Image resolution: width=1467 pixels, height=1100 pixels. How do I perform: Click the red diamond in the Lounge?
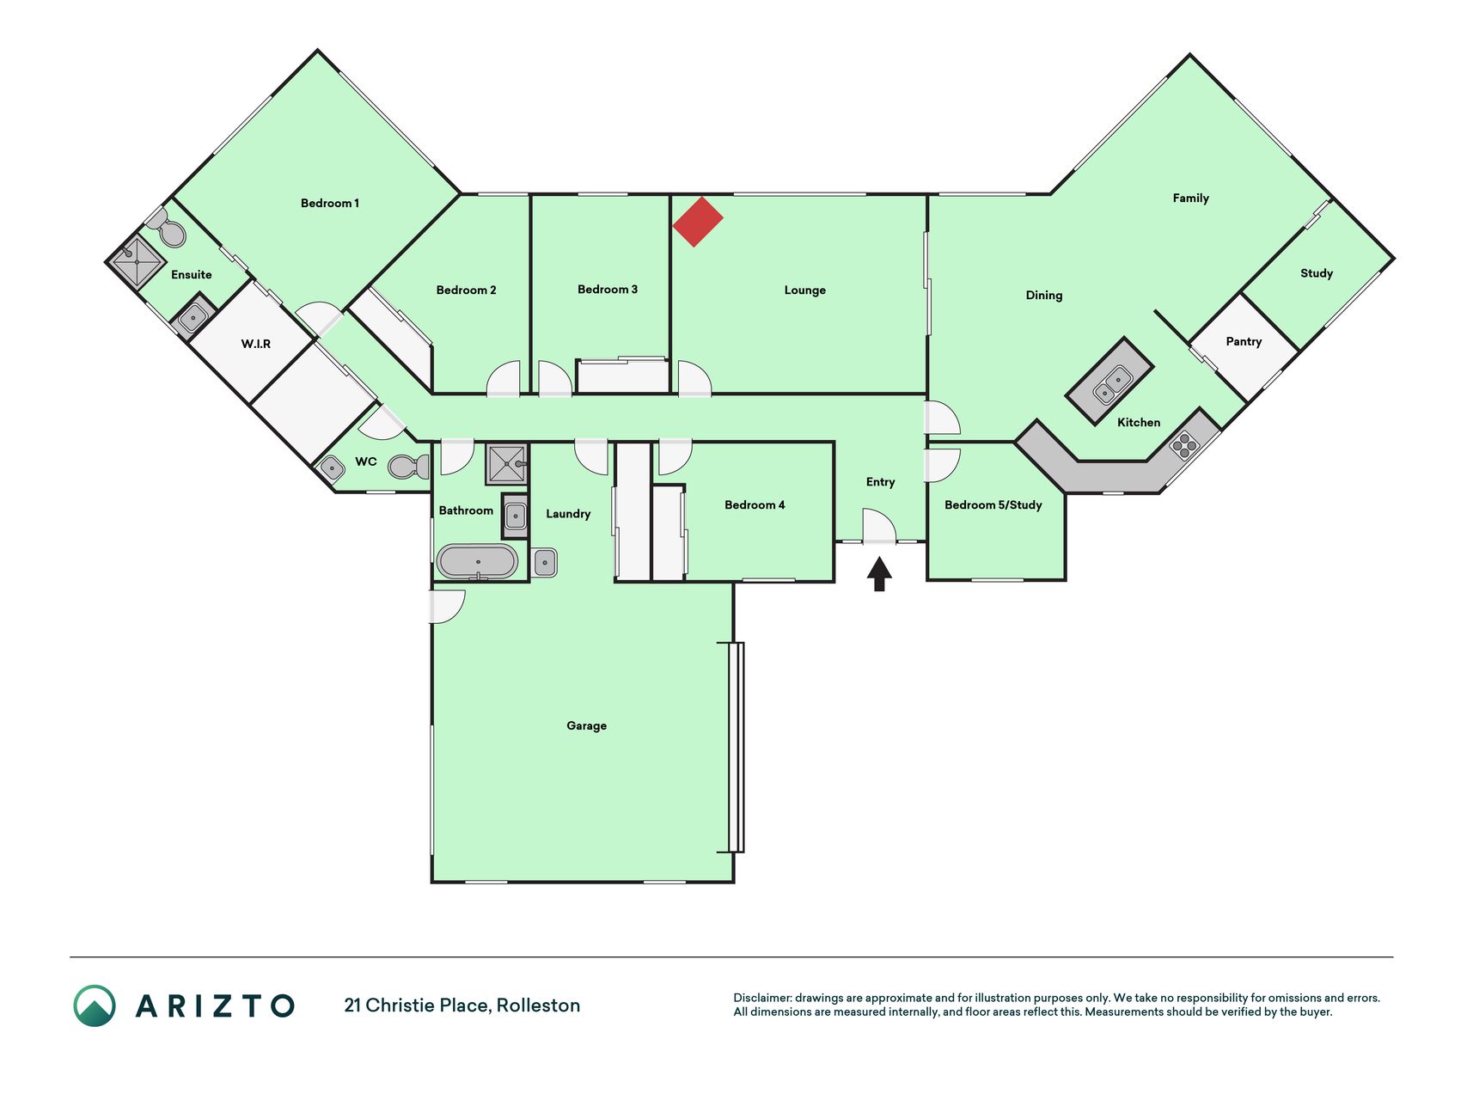tap(697, 222)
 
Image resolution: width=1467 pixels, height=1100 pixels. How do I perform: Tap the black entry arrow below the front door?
tap(879, 574)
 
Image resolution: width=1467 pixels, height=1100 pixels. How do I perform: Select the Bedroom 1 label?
tap(330, 203)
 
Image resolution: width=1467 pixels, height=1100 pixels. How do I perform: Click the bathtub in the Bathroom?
tap(477, 562)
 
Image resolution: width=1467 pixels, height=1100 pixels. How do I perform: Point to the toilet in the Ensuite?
tap(168, 229)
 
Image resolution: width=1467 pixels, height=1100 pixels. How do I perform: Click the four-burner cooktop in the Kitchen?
tap(1184, 445)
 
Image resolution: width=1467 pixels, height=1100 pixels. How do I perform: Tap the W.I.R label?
tap(255, 344)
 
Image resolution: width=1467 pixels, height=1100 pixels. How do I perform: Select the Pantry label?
tap(1244, 341)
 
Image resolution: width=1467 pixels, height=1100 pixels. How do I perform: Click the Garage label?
tap(586, 725)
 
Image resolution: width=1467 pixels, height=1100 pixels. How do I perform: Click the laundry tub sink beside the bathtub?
tap(545, 563)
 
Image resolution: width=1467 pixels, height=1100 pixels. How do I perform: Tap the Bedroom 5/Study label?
tap(993, 504)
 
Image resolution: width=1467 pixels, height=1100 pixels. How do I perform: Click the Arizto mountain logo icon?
tap(95, 1005)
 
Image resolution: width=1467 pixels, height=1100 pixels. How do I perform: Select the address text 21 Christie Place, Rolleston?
tap(462, 1005)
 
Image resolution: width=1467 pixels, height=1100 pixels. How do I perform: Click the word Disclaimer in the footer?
tap(762, 998)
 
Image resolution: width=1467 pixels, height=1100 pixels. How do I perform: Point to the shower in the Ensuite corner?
tap(137, 260)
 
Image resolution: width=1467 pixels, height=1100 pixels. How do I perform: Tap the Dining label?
tap(1044, 295)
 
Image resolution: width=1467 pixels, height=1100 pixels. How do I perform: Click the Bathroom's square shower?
tap(507, 464)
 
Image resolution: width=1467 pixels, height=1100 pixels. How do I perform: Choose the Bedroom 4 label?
tap(755, 504)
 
